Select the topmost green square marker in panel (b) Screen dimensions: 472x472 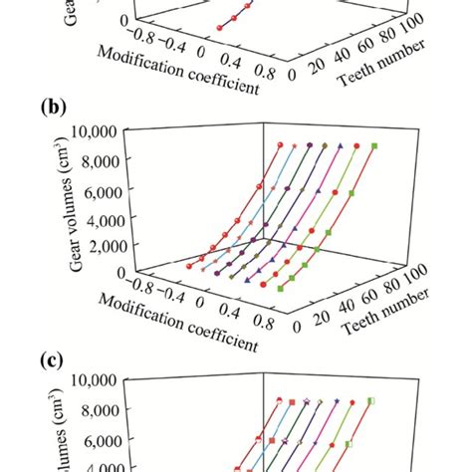pos(374,146)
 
